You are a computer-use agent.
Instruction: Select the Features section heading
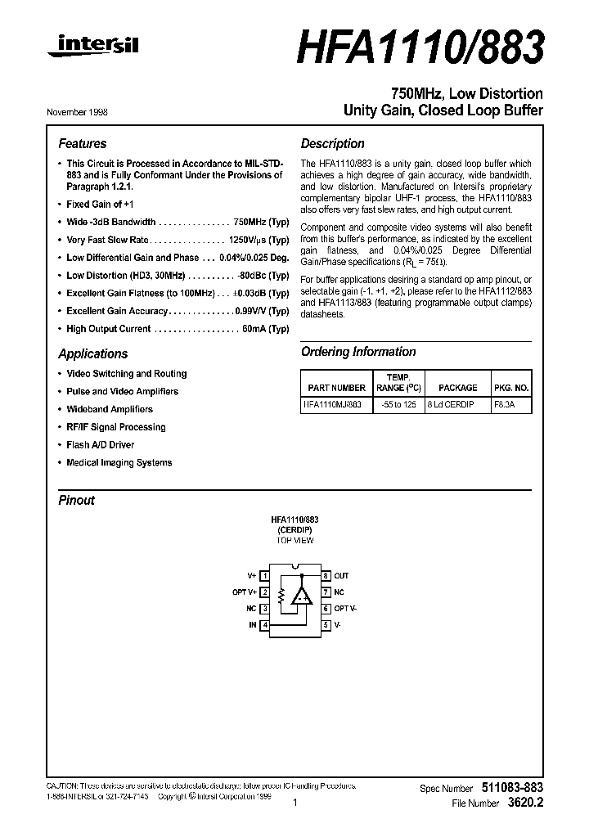[82, 143]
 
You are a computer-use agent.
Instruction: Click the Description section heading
[332, 143]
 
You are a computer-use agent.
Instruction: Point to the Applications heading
[92, 353]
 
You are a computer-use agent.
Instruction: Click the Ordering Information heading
[358, 352]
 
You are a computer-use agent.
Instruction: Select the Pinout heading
[76, 500]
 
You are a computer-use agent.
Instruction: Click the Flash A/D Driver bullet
[100, 445]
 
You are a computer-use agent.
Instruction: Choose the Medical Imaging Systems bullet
[119, 463]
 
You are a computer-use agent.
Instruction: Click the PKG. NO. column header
[512, 388]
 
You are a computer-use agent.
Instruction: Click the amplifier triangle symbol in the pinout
[303, 596]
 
